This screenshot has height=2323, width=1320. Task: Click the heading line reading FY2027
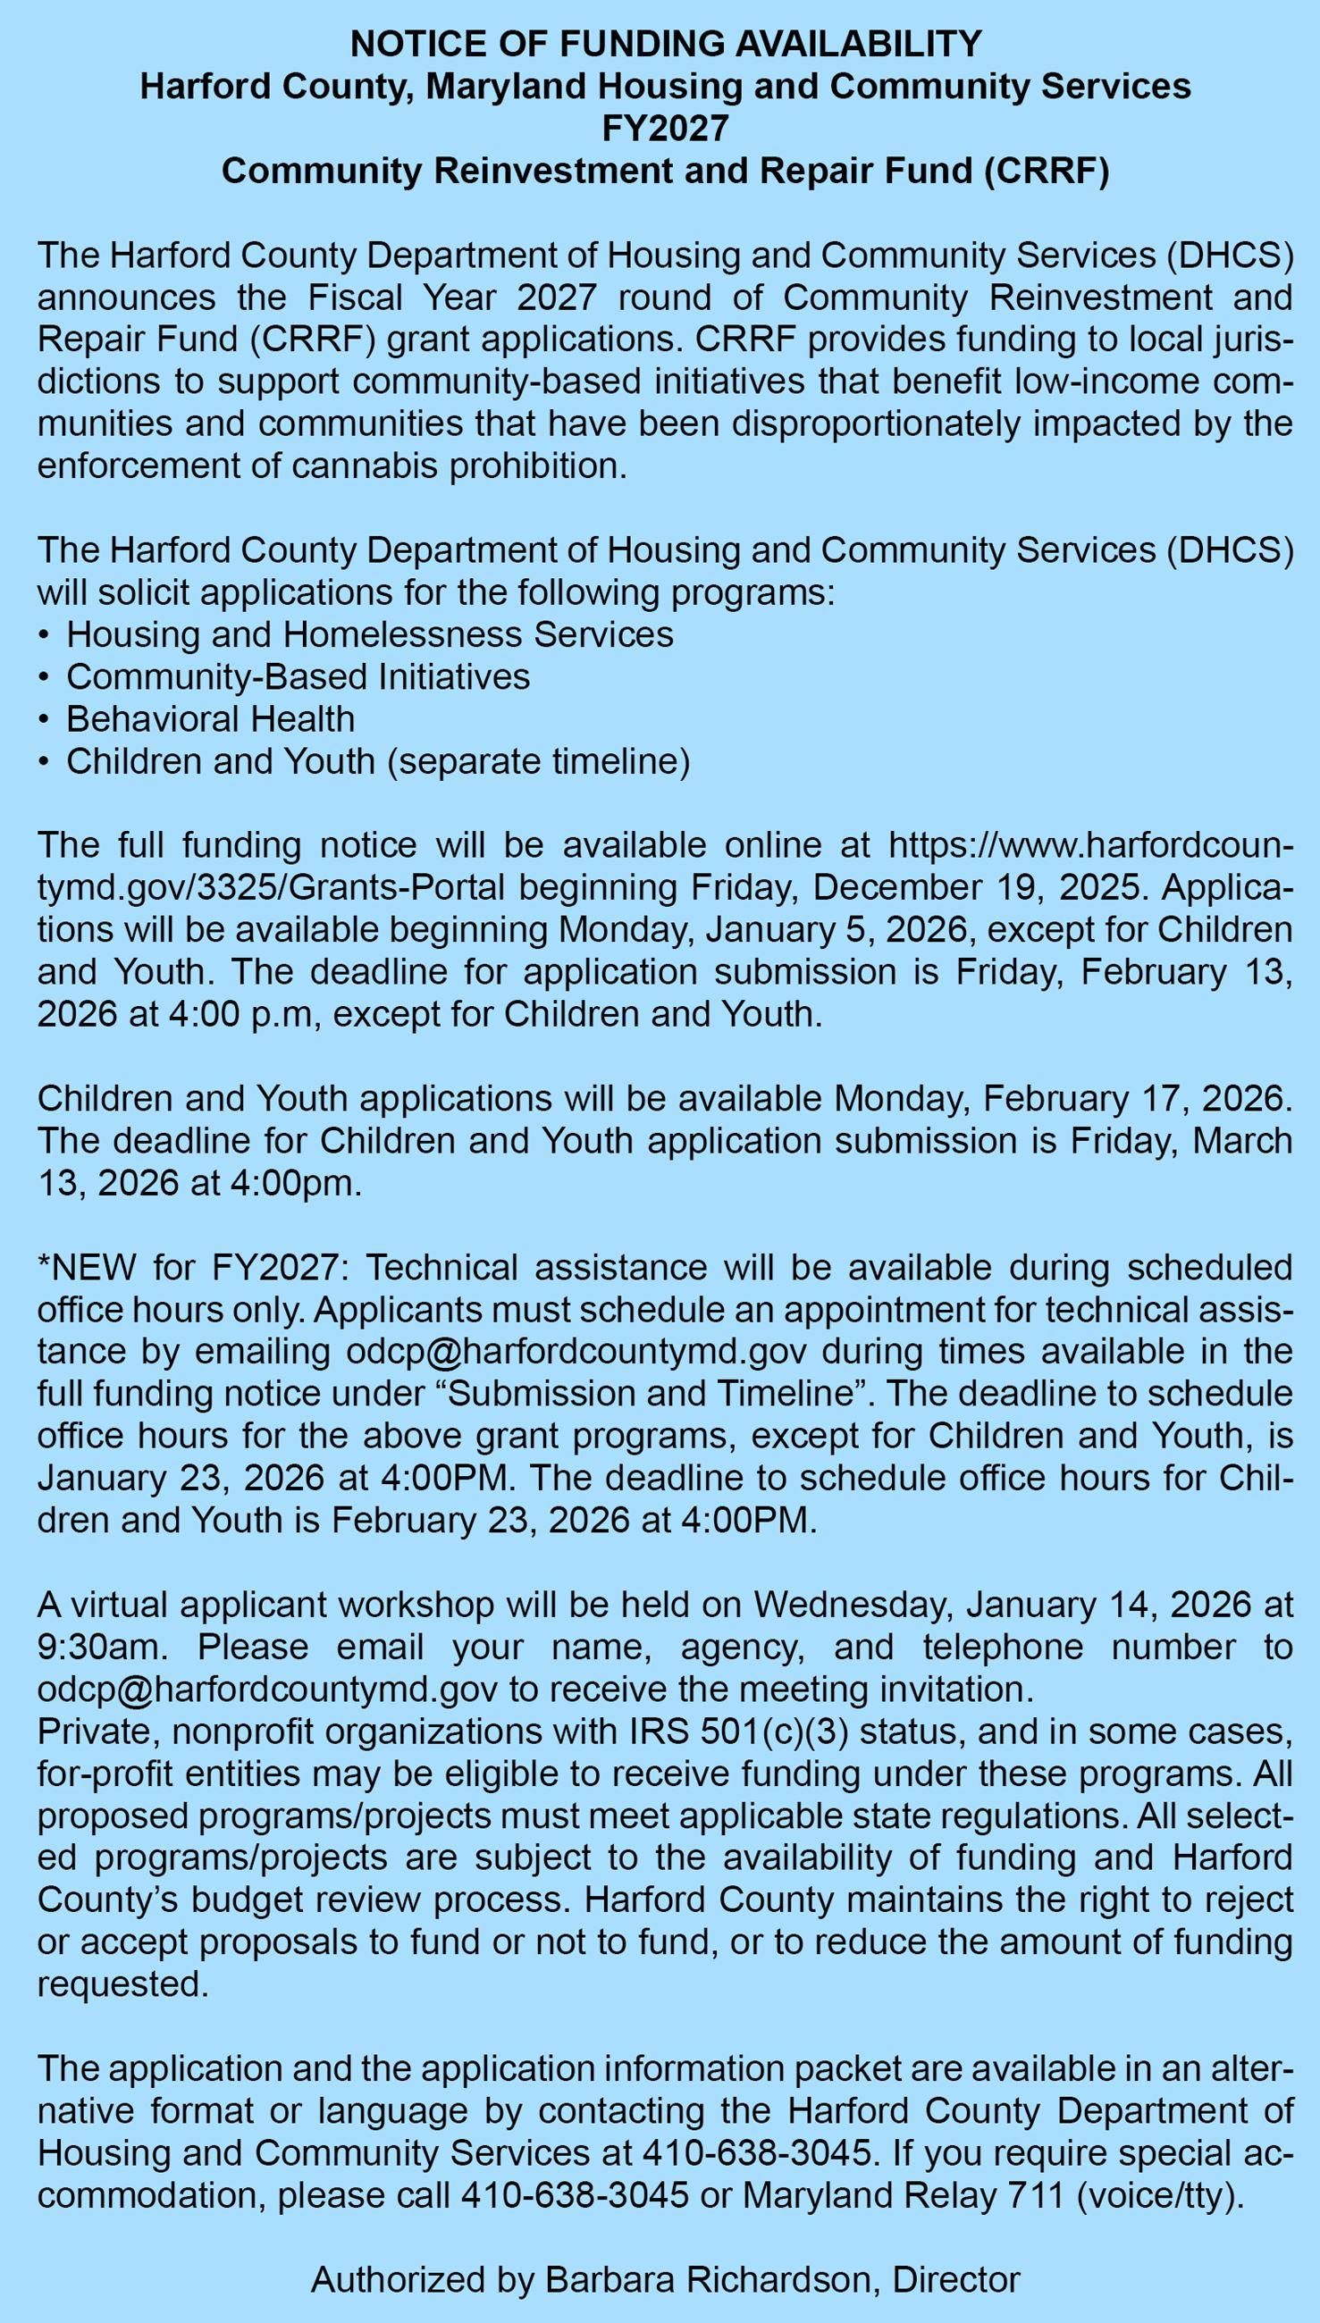click(x=666, y=129)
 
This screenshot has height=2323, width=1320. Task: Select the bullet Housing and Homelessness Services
click(x=370, y=634)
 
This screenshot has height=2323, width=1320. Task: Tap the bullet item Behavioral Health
click(x=210, y=718)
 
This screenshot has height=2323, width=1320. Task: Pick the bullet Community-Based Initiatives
click(x=298, y=677)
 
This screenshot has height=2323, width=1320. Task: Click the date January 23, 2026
click(x=181, y=1479)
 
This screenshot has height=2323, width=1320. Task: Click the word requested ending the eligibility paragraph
click(x=122, y=1984)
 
